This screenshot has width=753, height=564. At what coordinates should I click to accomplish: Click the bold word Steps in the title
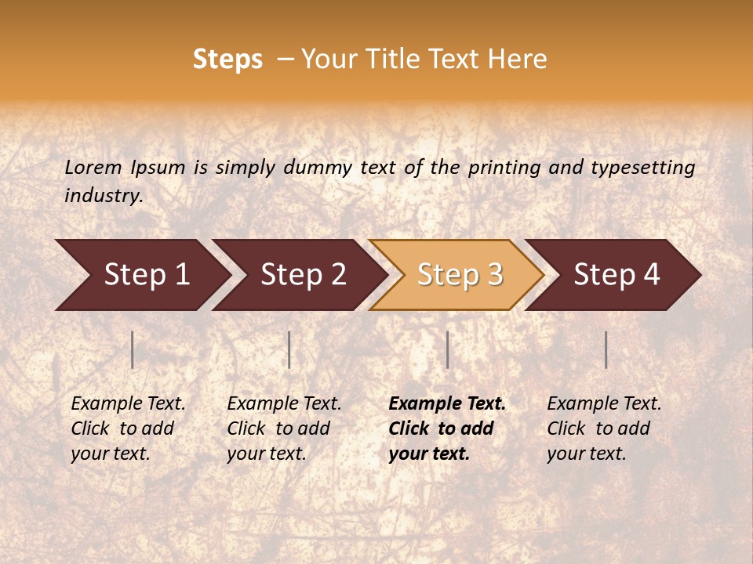[x=227, y=60]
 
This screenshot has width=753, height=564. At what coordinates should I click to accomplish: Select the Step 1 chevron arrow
[x=141, y=275]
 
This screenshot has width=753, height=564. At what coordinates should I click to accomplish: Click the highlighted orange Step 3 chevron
[x=457, y=275]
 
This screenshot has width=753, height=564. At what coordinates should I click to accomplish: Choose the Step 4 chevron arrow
[x=614, y=275]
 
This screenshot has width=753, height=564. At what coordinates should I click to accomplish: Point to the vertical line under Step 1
[x=133, y=349]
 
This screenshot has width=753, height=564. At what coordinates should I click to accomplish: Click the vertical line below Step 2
[x=289, y=349]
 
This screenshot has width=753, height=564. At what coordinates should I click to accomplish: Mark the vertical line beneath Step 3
[x=447, y=349]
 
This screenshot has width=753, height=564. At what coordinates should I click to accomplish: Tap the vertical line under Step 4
[x=606, y=349]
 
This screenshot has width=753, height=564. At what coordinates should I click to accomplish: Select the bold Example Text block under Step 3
[x=447, y=428]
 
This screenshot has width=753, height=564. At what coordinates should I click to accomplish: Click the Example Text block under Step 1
[x=128, y=428]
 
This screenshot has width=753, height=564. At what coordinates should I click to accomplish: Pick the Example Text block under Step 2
[x=284, y=428]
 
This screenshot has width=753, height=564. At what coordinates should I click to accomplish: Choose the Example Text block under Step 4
[x=604, y=428]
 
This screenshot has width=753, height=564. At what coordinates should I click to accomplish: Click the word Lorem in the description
[x=93, y=167]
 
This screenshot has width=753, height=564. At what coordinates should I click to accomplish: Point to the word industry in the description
[x=103, y=196]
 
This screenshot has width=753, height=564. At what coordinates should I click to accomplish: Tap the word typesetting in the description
[x=642, y=167]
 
